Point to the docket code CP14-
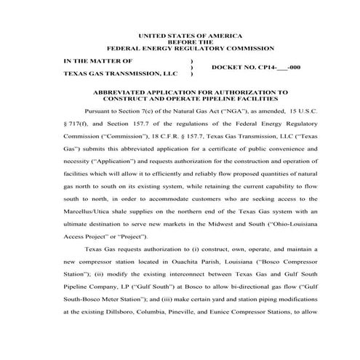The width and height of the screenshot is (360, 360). pos(267,68)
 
